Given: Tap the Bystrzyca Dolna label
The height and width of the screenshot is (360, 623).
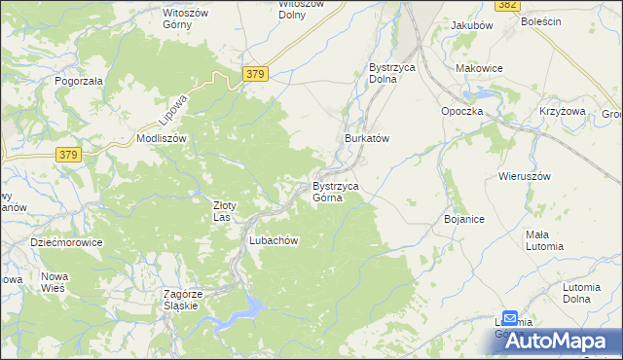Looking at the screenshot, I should coord(394,73).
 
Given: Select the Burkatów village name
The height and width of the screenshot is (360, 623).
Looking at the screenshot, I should coord(367,139).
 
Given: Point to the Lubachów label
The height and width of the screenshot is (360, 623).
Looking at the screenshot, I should coord(273,240).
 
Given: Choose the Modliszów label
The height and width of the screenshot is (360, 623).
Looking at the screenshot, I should coord(162,139).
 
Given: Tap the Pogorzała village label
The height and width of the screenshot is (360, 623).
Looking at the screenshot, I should coord(80,82).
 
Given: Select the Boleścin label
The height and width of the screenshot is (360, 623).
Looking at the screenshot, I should coord(541,21).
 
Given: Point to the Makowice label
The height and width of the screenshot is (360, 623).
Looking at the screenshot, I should coord(479,68).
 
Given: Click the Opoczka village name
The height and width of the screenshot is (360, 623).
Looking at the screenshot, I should coord(462,111).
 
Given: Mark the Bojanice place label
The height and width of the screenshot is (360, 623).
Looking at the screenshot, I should coord(464,220).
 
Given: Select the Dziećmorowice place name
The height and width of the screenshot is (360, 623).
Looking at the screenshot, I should coord(66,242).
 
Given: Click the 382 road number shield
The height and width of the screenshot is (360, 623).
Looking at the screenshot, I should coord(506,5).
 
